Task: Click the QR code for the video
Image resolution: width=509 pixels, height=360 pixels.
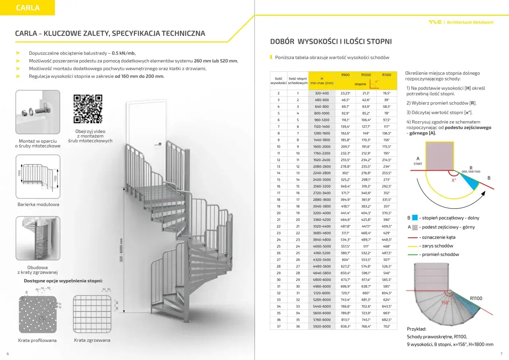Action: point(88,109)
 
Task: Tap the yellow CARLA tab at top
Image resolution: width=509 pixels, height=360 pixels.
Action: point(27,8)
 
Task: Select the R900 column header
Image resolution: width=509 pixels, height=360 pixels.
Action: point(346,75)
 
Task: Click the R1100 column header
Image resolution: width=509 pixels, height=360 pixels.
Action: point(387,75)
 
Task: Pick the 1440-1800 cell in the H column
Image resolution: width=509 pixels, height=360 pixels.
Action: point(322,140)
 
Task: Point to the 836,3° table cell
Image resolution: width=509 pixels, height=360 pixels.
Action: point(346,327)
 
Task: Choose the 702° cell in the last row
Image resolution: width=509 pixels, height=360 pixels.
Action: point(387,327)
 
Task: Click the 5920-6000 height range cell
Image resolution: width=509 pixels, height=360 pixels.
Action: point(322,327)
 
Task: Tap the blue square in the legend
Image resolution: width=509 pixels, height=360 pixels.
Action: point(415,218)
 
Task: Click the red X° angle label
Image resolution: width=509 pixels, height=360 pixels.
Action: point(453,180)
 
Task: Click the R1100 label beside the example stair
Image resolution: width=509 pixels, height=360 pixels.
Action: point(476,298)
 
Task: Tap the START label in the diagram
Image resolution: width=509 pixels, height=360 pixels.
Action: point(418,164)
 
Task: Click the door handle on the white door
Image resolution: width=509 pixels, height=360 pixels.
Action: point(159,144)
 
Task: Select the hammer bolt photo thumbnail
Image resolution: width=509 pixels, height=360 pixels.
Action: point(38,111)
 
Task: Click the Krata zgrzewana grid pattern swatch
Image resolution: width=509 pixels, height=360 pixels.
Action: point(91,315)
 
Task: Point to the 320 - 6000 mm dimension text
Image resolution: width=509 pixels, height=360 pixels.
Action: point(121,249)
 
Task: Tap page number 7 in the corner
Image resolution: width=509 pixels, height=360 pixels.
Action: point(501,354)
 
